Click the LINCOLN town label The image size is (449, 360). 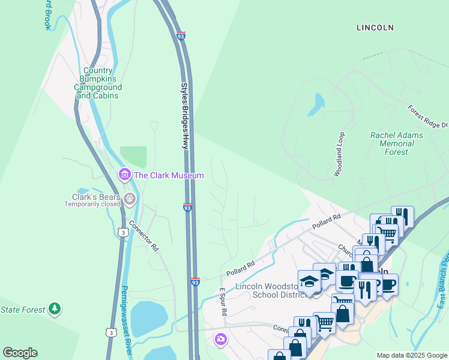pos(375,28)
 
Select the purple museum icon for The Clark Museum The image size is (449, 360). pos(125,175)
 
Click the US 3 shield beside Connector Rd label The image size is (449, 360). pos(122,232)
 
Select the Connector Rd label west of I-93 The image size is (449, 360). pos(144,238)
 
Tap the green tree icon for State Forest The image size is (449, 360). pos(55,309)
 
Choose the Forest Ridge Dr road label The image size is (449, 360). pos(427,116)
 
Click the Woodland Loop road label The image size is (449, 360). pos(340,154)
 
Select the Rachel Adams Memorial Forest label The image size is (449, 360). pos(396,143)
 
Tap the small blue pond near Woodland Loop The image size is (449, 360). pos(315,104)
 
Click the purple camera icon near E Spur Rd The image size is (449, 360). pos(221,340)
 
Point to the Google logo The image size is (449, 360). pos(20,353)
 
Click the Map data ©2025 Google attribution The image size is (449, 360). pos(412,355)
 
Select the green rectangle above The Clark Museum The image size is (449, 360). pos(133,157)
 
